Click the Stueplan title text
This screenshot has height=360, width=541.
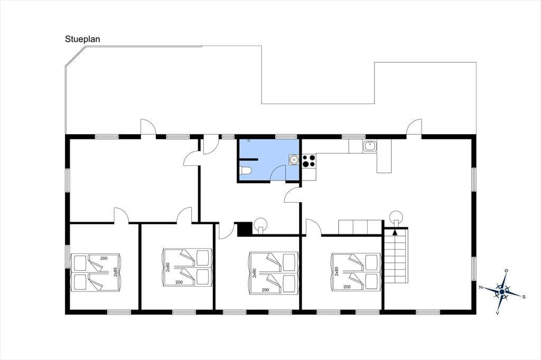(82, 39)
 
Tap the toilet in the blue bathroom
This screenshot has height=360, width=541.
(246, 170)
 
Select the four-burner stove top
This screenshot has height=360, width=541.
(309, 161)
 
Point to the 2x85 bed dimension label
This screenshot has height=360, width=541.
(116, 272)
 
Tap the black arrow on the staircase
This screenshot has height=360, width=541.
(395, 232)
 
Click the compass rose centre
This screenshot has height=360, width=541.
(502, 292)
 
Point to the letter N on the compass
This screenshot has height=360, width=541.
(480, 287)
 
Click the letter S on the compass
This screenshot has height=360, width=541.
(524, 297)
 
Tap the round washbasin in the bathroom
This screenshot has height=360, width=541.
(294, 159)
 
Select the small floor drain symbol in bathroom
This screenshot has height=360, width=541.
(249, 141)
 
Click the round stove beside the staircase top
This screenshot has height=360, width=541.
(396, 217)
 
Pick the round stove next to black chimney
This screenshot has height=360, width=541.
(260, 225)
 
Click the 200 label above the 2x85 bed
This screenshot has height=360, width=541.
(104, 258)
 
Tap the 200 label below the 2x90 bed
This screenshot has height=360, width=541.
(265, 290)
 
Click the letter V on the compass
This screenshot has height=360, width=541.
(497, 313)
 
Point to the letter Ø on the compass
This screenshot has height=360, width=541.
(506, 271)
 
